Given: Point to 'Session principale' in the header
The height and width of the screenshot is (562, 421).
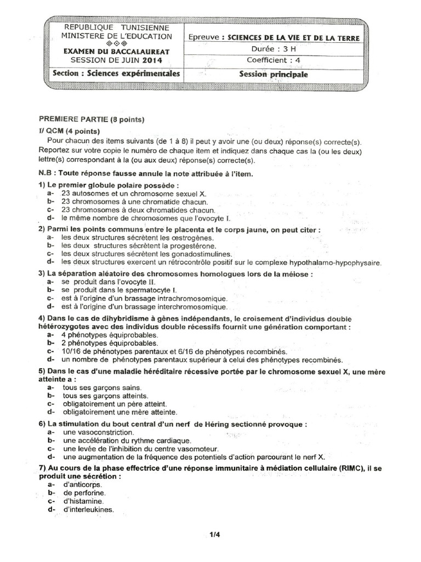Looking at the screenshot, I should coord(274,75).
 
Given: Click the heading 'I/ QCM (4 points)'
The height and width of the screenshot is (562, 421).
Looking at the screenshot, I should coord(69,131).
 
